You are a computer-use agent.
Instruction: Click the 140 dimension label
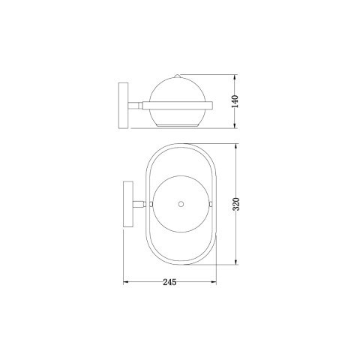[x=235, y=101]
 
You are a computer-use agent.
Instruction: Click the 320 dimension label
[x=236, y=204]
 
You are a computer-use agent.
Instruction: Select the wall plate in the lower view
[x=127, y=203]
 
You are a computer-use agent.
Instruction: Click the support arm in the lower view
[x=141, y=203]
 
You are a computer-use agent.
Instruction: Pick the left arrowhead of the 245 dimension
[x=125, y=283]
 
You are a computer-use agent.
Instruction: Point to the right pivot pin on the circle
[x=211, y=203]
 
